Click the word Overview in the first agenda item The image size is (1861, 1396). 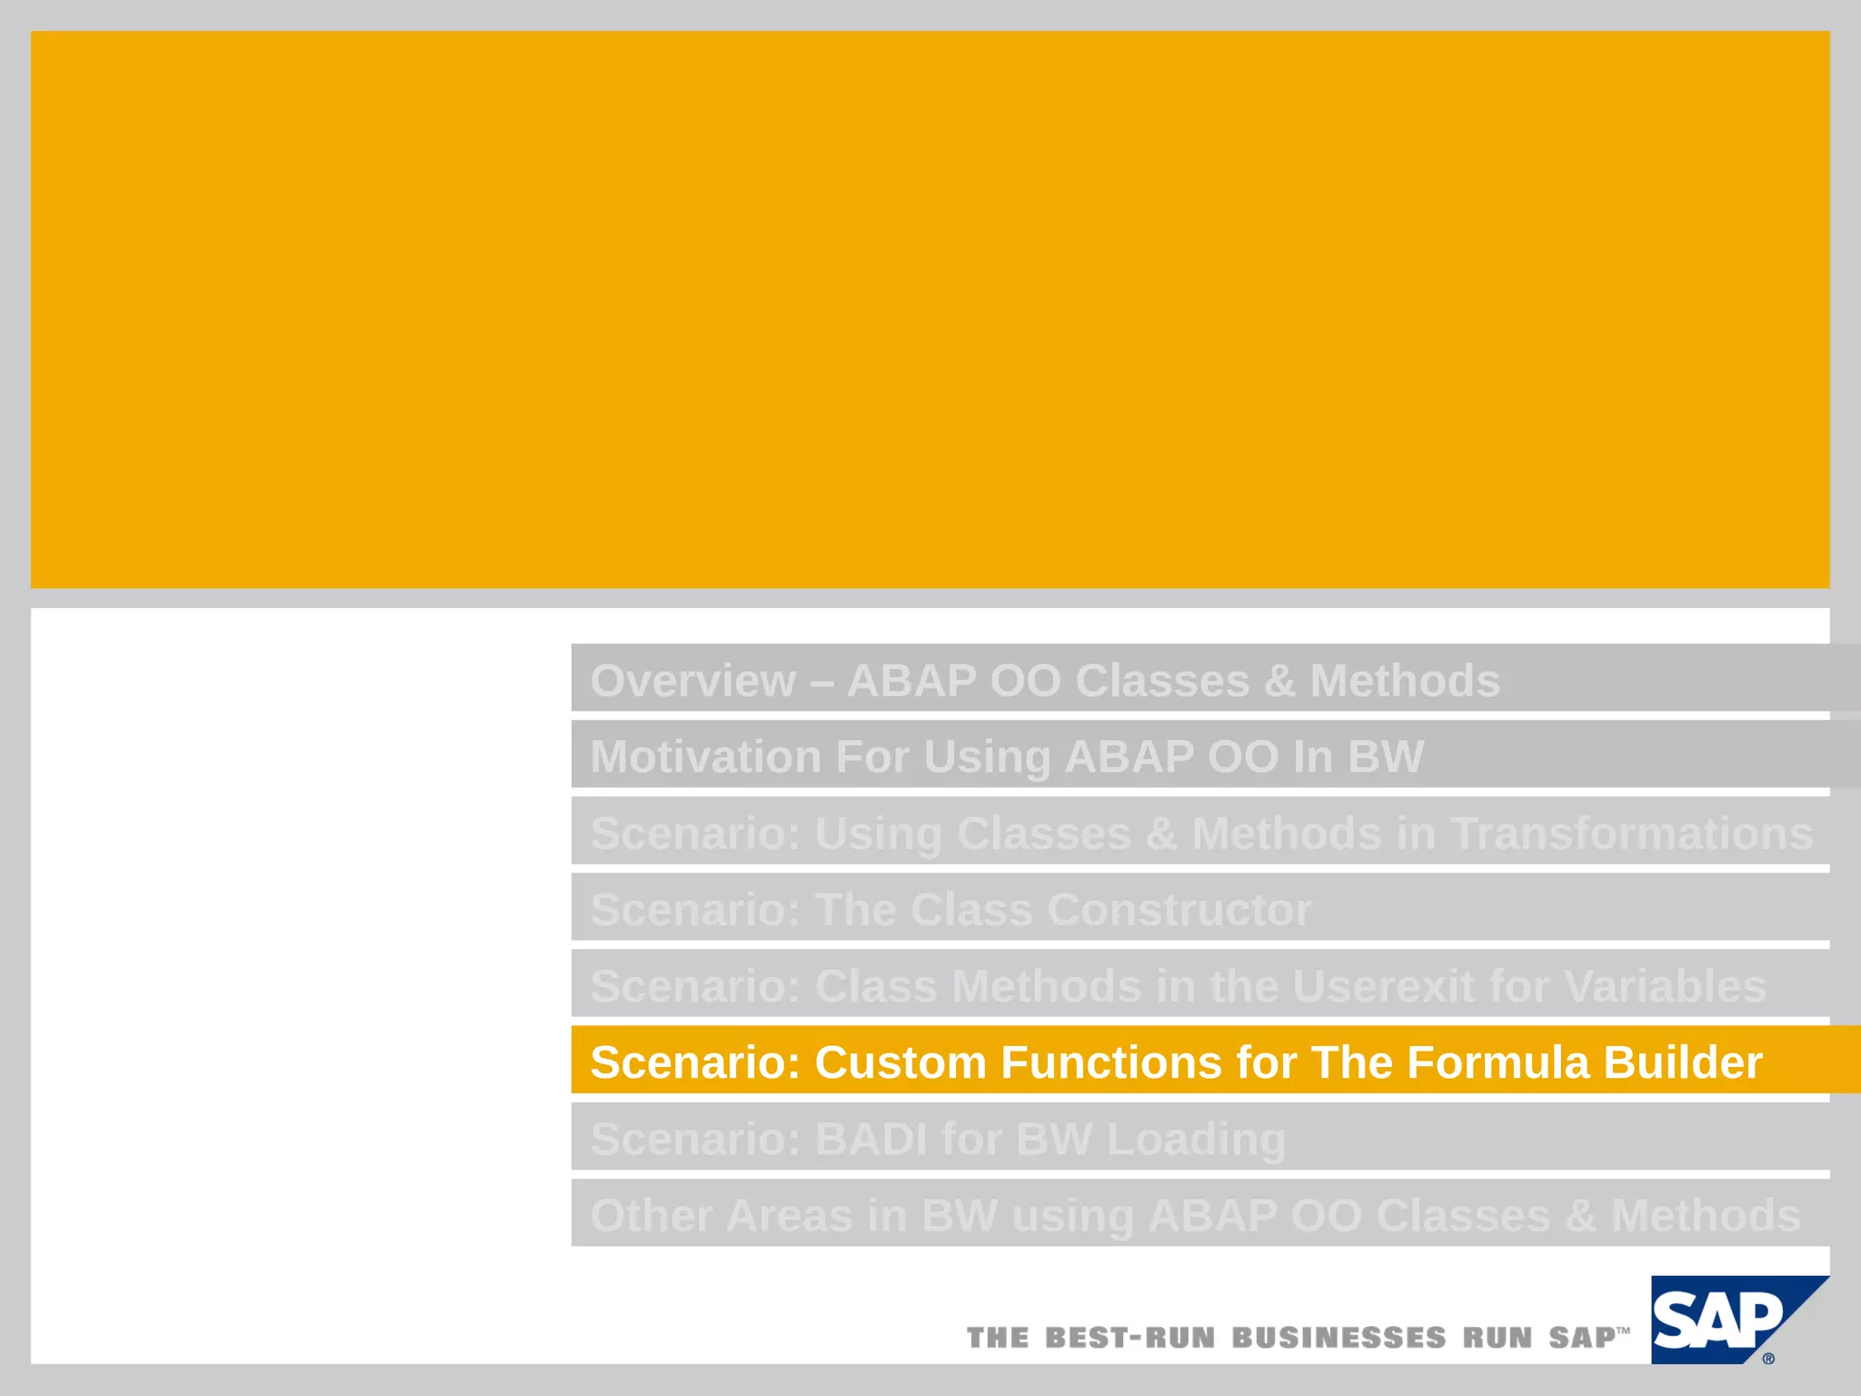(x=692, y=681)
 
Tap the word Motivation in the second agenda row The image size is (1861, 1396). (x=705, y=757)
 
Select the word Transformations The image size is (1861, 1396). (x=1631, y=833)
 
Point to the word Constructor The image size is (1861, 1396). (x=1179, y=910)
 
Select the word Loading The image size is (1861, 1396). (x=1196, y=1140)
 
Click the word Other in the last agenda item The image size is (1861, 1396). (x=651, y=1216)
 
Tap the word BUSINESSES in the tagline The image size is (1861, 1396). (x=1339, y=1338)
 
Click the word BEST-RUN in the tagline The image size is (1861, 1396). (x=1130, y=1338)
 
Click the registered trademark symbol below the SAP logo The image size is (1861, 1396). (x=1768, y=1359)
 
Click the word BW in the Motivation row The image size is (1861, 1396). (x=1386, y=757)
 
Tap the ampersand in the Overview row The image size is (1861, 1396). (x=1279, y=681)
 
